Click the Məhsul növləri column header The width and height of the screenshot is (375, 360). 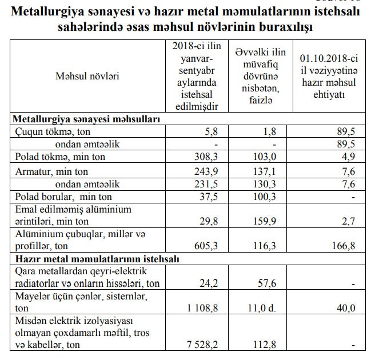pos(87,75)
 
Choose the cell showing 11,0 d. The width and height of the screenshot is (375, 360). pos(264,309)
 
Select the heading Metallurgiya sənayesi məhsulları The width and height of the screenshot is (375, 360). pos(86,119)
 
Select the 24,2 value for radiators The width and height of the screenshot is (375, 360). pos(209,283)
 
